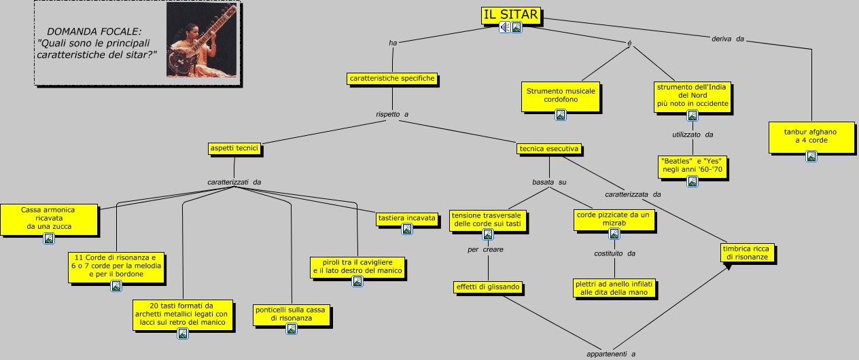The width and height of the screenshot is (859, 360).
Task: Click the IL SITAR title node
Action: [x=510, y=15]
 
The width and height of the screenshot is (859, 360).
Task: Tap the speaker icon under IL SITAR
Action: [x=504, y=27]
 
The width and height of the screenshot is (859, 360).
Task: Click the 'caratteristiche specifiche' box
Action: [x=392, y=79]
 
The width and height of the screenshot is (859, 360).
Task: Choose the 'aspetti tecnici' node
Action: [x=234, y=148]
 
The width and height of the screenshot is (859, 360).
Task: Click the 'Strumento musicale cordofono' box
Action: [x=561, y=96]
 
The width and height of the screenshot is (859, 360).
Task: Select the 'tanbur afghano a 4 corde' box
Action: [x=811, y=136]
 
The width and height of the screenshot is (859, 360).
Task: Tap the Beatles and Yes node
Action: [x=692, y=165]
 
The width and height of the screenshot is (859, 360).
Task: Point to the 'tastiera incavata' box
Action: [x=407, y=219]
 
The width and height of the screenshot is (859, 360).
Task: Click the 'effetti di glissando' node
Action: [x=488, y=287]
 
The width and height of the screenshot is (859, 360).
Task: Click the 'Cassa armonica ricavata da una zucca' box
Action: [x=48, y=219]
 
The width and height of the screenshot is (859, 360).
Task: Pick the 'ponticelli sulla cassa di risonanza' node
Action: [x=291, y=314]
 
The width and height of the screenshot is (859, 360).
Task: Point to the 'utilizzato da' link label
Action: [x=693, y=135]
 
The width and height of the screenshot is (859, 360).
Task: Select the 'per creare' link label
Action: [x=485, y=250]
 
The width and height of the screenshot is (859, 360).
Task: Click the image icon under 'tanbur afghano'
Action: [x=811, y=156]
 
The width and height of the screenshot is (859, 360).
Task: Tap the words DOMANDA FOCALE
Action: [x=94, y=32]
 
